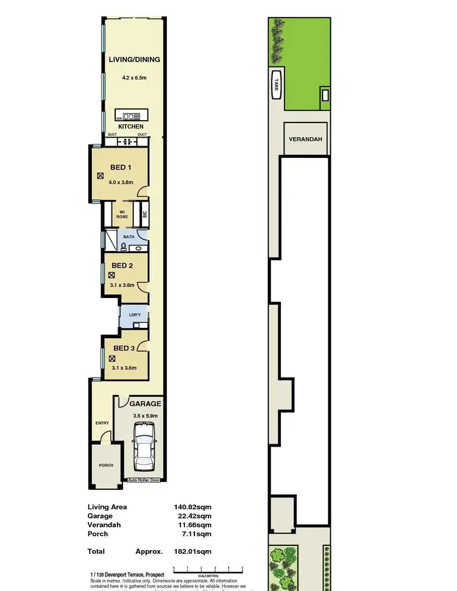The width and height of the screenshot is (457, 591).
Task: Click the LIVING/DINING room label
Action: (134, 60)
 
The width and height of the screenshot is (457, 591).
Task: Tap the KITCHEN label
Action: (131, 127)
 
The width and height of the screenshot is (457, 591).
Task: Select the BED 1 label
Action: (121, 167)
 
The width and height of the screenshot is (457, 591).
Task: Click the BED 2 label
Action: (122, 266)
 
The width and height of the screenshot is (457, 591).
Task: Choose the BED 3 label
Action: (124, 348)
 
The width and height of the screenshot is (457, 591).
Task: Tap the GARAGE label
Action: (145, 403)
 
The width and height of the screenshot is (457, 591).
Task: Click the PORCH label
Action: (106, 465)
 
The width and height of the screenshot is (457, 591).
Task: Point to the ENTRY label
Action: (102, 423)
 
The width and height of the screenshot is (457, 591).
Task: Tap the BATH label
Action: (129, 236)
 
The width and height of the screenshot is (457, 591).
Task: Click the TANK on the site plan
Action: (275, 83)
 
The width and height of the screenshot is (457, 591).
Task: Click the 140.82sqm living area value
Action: (193, 507)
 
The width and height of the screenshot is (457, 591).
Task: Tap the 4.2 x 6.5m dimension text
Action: (134, 78)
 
